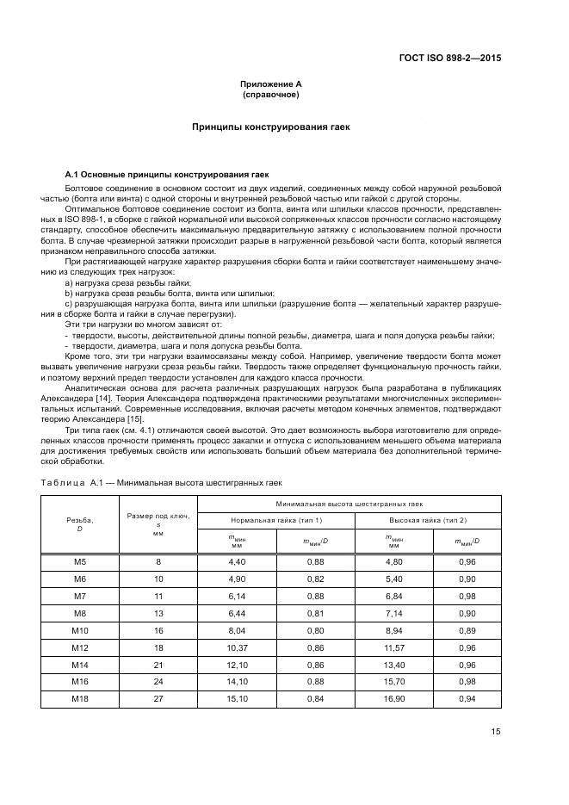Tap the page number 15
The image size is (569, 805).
point(496,732)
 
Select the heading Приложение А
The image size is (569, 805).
point(270,84)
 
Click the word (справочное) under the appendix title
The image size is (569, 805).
point(270,94)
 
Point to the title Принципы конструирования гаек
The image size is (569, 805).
point(270,127)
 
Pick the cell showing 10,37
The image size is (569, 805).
point(237,647)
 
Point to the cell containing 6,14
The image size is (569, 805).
point(237,597)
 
